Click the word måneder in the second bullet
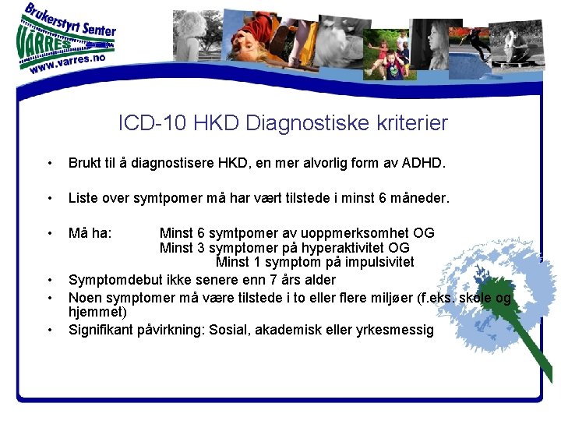420,198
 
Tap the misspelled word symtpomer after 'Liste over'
166,198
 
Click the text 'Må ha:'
90,232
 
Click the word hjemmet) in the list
97,311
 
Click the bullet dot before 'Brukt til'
49,164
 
